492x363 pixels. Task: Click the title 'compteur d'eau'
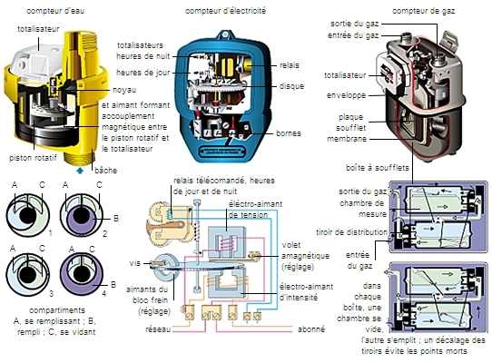click(x=55, y=11)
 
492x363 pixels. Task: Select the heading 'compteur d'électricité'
click(x=226, y=11)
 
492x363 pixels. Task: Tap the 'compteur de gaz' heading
click(x=423, y=11)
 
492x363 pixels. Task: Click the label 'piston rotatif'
click(x=33, y=158)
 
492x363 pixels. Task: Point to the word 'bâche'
click(x=105, y=171)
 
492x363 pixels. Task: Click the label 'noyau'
click(x=124, y=90)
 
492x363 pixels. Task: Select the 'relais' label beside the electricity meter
click(x=290, y=65)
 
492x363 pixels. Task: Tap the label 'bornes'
click(x=289, y=133)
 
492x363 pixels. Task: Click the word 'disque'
click(x=291, y=86)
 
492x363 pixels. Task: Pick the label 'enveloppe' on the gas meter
click(x=346, y=95)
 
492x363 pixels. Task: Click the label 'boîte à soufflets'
click(x=378, y=168)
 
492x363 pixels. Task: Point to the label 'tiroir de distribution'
click(x=351, y=232)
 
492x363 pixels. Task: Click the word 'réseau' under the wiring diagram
click(x=158, y=329)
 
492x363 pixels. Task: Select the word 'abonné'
click(x=311, y=329)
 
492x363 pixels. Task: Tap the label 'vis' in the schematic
click(x=135, y=263)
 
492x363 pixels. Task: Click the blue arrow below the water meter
click(x=80, y=171)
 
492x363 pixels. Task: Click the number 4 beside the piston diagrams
click(x=103, y=294)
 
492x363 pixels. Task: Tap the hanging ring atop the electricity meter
click(x=225, y=34)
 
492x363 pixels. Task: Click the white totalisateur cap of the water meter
click(x=35, y=61)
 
